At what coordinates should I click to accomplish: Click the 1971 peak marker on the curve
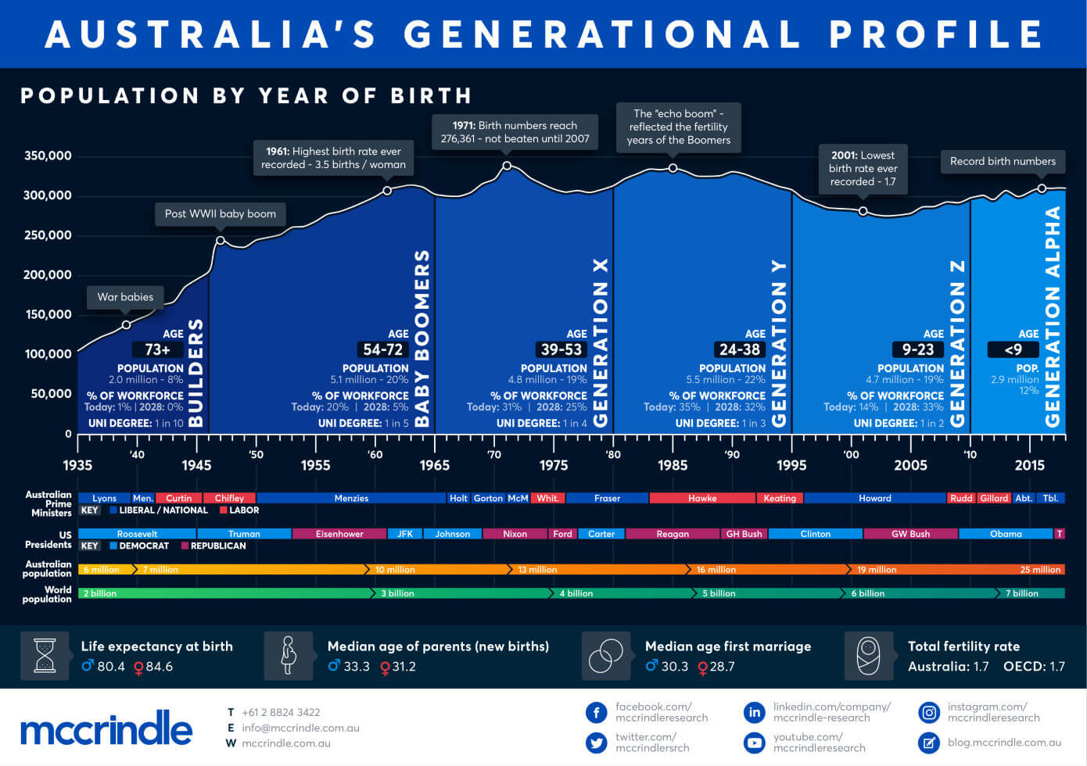pos(507,166)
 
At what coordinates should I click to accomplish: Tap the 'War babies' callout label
pos(125,297)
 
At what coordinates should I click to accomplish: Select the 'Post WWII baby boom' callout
pos(221,214)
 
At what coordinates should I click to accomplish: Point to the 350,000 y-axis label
pos(48,156)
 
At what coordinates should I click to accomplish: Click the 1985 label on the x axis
pos(673,466)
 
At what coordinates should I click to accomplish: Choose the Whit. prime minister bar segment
pos(548,498)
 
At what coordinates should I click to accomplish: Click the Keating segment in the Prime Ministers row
pos(780,498)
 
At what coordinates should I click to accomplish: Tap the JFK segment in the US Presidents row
pos(405,534)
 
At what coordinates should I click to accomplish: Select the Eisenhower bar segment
pos(339,534)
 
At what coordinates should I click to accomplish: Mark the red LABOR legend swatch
pos(223,510)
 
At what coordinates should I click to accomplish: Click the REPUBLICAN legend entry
pos(213,546)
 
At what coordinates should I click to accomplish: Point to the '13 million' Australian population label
pos(537,570)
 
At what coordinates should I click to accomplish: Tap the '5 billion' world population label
pos(719,593)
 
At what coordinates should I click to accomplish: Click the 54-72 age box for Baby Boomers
pos(383,349)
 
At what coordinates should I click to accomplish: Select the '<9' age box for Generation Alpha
pos(1013,349)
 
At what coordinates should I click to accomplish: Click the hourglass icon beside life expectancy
pos(45,656)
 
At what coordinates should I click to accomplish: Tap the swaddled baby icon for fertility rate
pos(869,656)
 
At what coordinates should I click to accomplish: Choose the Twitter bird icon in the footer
pos(597,743)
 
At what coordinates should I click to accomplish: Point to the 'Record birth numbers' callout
pos(1003,162)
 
